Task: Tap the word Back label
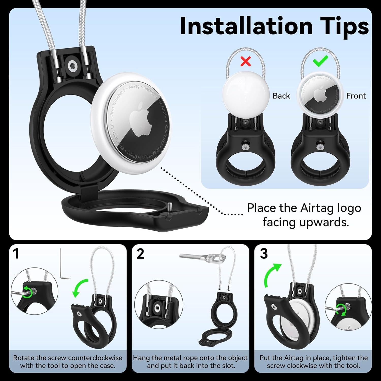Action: pyautogui.click(x=281, y=96)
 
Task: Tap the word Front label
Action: pyautogui.click(x=356, y=96)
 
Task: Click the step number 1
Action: pyautogui.click(x=16, y=254)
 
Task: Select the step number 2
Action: pyautogui.click(x=140, y=254)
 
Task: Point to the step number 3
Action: pyautogui.click(x=264, y=254)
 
